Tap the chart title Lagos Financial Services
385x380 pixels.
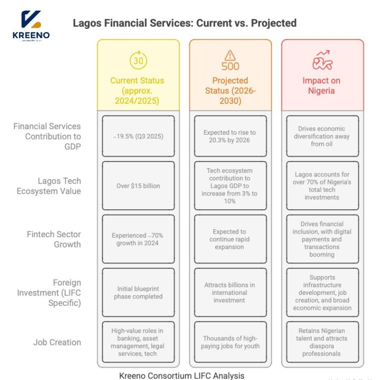click(185, 23)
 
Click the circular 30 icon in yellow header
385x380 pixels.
click(138, 61)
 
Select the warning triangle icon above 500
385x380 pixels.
click(230, 55)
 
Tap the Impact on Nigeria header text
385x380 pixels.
click(322, 86)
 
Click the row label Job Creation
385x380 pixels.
click(57, 342)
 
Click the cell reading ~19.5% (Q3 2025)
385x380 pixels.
click(138, 136)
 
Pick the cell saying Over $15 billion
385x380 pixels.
click(138, 186)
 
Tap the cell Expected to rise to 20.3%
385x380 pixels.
click(230, 136)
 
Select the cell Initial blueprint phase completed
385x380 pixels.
click(138, 292)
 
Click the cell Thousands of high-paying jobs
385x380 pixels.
click(230, 342)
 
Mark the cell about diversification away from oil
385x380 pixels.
click(322, 136)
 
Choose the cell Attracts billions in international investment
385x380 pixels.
click(230, 292)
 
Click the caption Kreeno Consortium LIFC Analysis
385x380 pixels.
click(181, 376)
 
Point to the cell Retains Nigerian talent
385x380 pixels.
click(322, 342)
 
